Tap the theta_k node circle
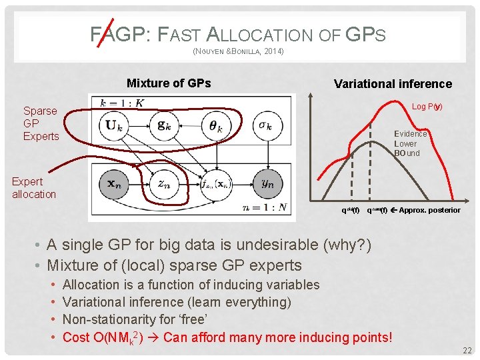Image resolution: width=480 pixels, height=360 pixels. pyautogui.click(x=216, y=125)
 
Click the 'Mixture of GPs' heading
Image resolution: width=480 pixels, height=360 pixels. pyautogui.click(x=169, y=83)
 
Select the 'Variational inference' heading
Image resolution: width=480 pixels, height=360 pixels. pyautogui.click(x=393, y=84)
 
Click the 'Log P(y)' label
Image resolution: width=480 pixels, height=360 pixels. pyautogui.click(x=427, y=107)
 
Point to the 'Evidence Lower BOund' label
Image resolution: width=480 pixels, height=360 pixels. pyautogui.click(x=409, y=143)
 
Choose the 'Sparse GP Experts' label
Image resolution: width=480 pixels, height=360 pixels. pyautogui.click(x=41, y=123)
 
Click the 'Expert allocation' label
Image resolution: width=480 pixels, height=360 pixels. pyautogui.click(x=34, y=187)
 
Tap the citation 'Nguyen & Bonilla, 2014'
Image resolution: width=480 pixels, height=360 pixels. pyautogui.click(x=238, y=51)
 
